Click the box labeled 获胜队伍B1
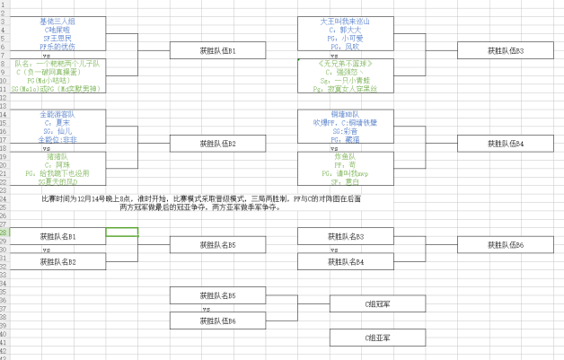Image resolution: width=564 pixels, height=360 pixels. [x=217, y=51]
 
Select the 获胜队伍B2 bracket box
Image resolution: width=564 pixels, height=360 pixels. [x=217, y=143]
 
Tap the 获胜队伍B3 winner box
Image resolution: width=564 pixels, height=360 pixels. [x=506, y=51]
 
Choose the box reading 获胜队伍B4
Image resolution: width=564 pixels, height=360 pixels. [x=506, y=143]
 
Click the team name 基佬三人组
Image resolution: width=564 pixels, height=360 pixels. [x=57, y=21]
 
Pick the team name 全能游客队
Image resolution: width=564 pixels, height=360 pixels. [x=57, y=114]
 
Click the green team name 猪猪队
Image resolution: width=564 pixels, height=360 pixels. [x=57, y=155]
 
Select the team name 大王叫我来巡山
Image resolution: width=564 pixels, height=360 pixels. [x=346, y=21]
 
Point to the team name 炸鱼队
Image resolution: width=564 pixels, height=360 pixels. [x=346, y=155]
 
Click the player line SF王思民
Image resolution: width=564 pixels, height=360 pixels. [x=57, y=39]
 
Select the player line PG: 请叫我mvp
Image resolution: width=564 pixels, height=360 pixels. [x=346, y=173]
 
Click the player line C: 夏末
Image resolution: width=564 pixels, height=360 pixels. [x=57, y=122]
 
